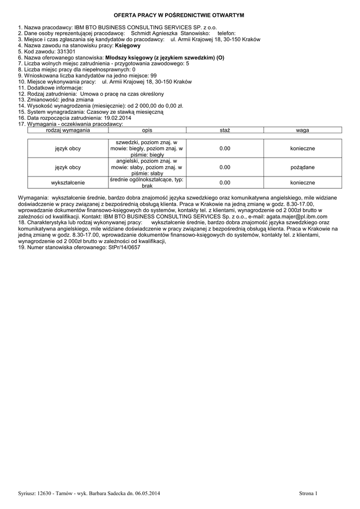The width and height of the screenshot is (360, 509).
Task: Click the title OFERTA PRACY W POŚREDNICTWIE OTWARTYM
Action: click(180, 16)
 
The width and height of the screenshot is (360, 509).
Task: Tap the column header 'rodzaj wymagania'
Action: click(68, 130)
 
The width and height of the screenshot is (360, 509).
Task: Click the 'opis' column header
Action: click(147, 130)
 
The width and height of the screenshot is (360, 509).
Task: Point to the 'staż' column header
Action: click(225, 130)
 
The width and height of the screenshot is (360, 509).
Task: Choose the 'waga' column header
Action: click(302, 130)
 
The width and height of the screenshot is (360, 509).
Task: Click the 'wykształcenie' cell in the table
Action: click(68, 182)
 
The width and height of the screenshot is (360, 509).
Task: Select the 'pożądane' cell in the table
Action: click(302, 168)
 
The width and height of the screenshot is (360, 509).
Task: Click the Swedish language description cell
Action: click(147, 149)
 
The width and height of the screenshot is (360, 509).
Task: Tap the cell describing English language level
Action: click(147, 168)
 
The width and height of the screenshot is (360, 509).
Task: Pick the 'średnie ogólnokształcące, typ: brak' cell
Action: click(147, 182)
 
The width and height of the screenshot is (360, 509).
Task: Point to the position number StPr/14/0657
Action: click(124, 247)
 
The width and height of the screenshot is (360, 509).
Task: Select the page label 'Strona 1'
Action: click(308, 493)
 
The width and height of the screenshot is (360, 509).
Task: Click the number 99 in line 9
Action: click(153, 76)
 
